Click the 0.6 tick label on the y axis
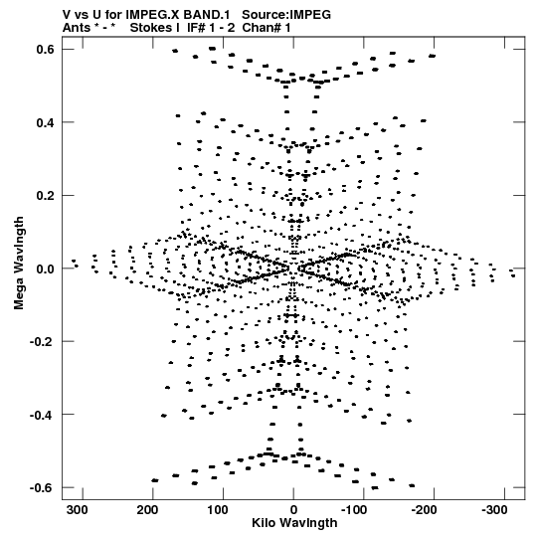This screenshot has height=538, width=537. [46, 50]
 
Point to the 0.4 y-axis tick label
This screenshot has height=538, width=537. [46, 122]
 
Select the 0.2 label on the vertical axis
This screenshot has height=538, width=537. [46, 196]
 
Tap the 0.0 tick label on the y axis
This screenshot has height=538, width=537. [46, 269]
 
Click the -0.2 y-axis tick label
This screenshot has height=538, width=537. [42, 342]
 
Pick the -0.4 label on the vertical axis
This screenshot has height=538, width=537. [42, 415]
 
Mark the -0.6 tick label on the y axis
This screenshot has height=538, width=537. [42, 488]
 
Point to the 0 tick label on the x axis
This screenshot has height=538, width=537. [293, 510]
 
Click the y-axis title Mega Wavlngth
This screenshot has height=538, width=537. [19, 263]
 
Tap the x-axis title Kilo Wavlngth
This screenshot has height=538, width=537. [294, 523]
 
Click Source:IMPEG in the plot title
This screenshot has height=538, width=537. [286, 15]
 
